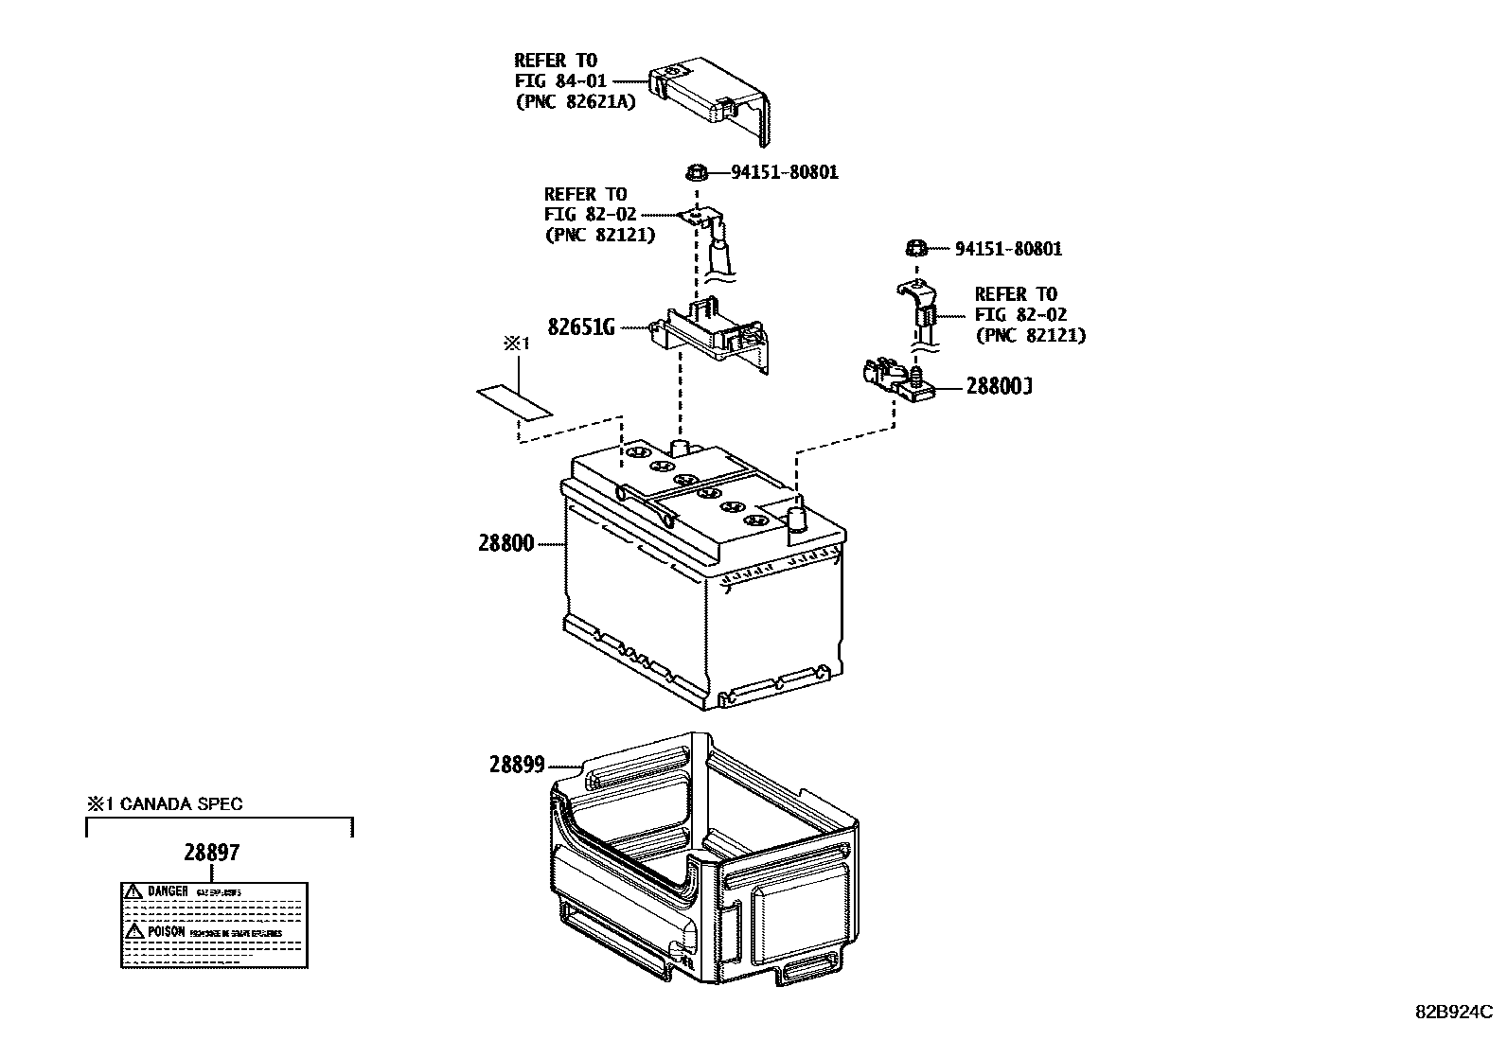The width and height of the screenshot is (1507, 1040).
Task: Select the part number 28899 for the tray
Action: pyautogui.click(x=517, y=765)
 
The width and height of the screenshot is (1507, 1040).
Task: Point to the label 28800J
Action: pyautogui.click(x=998, y=387)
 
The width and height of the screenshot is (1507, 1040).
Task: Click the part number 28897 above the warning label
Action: pyautogui.click(x=211, y=852)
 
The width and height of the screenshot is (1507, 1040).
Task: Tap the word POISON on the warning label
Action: pyautogui.click(x=167, y=932)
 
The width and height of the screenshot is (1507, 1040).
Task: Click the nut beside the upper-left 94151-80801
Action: pyautogui.click(x=696, y=172)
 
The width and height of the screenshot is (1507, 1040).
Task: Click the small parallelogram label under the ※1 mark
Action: pyautogui.click(x=512, y=401)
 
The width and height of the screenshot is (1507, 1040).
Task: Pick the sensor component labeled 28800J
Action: pyautogui.click(x=895, y=379)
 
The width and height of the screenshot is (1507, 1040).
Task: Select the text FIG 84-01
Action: pyautogui.click(x=560, y=81)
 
